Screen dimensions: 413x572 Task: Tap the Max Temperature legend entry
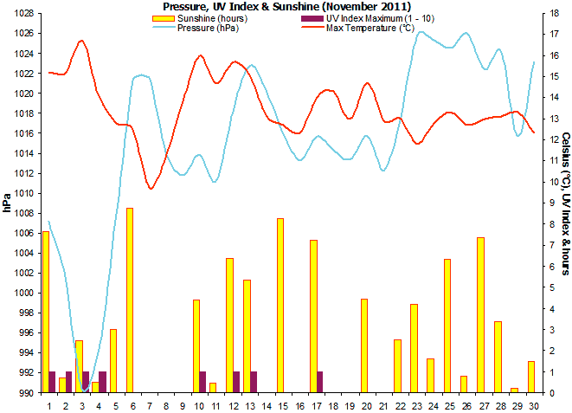(361, 28)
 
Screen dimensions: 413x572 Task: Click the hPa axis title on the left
(7, 203)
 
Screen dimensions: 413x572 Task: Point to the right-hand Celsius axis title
(564, 203)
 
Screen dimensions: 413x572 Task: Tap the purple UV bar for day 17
(320, 382)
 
